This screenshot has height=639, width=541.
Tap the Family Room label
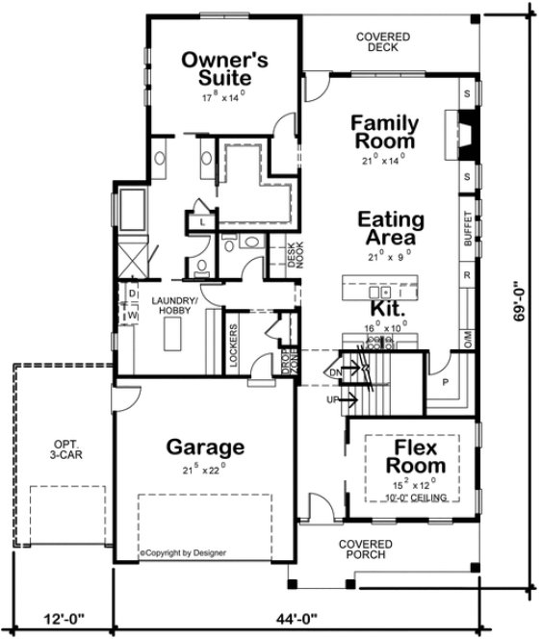tap(383, 132)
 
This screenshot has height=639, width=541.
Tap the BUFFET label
tap(468, 230)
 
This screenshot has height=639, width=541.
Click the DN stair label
tap(337, 371)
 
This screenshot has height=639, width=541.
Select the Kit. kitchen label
tap(387, 311)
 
